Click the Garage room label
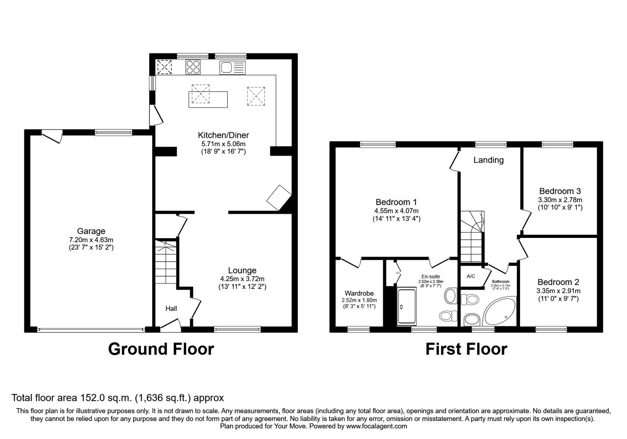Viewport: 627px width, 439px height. tap(91, 231)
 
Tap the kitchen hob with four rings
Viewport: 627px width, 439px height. tap(193, 67)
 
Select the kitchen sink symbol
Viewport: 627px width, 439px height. tap(232, 67)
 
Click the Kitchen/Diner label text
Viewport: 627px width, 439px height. tap(223, 135)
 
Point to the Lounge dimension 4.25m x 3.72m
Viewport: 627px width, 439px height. tap(242, 279)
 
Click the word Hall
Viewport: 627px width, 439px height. tap(171, 308)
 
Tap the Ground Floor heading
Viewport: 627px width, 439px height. tap(161, 349)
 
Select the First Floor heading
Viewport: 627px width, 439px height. tap(466, 349)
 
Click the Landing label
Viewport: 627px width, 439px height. tap(488, 160)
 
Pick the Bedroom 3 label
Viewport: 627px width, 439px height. tap(560, 191)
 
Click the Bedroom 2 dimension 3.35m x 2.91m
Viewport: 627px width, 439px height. tap(558, 291)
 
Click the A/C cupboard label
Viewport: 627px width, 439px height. tap(471, 276)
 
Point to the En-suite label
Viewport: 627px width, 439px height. tap(431, 277)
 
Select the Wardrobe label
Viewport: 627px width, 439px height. tap(359, 294)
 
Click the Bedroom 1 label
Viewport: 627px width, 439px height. tap(396, 202)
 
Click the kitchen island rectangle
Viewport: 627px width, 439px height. tap(208, 100)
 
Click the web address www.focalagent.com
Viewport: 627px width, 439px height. tap(377, 426)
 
